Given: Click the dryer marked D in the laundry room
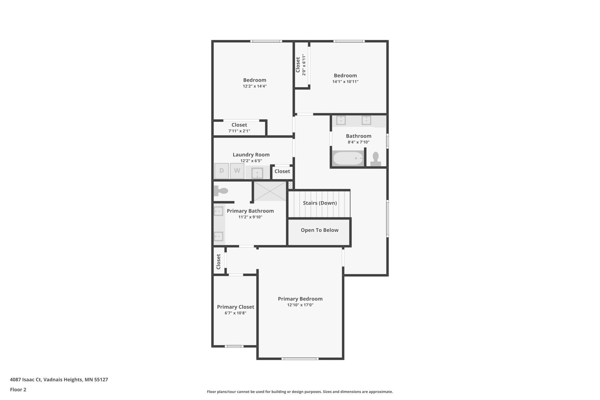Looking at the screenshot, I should [222, 171].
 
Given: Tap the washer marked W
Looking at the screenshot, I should [237, 171].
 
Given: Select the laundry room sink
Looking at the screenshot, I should [257, 173].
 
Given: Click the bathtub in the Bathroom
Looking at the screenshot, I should [348, 158].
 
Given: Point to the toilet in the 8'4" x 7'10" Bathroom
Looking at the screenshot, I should [376, 159].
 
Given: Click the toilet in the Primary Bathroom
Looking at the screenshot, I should [221, 191].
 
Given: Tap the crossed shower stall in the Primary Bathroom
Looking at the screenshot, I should [270, 191].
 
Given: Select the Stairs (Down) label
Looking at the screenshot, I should [320, 203].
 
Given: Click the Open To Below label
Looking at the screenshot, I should [319, 230].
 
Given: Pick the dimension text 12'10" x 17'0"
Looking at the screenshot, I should [300, 305].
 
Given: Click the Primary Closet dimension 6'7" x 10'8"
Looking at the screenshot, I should [235, 313].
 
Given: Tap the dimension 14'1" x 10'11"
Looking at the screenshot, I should [345, 82].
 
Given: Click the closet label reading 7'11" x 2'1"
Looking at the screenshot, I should [239, 131].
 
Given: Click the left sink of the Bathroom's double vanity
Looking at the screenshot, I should [341, 120].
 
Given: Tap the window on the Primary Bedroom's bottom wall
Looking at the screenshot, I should [300, 359].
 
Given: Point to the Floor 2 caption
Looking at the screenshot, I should [18, 390].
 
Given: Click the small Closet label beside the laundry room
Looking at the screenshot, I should [282, 171].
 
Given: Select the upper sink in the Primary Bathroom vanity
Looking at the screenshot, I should [218, 211].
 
